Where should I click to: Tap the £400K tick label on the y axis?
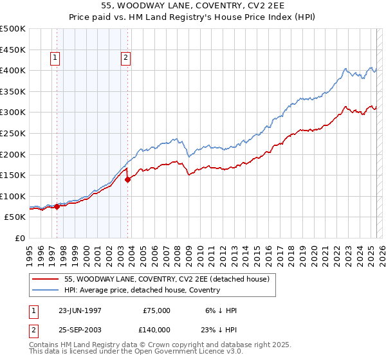13,70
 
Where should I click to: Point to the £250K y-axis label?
13,133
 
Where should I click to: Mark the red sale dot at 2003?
128,179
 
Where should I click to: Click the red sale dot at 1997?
57,206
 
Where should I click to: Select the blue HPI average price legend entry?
142,290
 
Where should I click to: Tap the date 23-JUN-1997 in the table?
80,310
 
